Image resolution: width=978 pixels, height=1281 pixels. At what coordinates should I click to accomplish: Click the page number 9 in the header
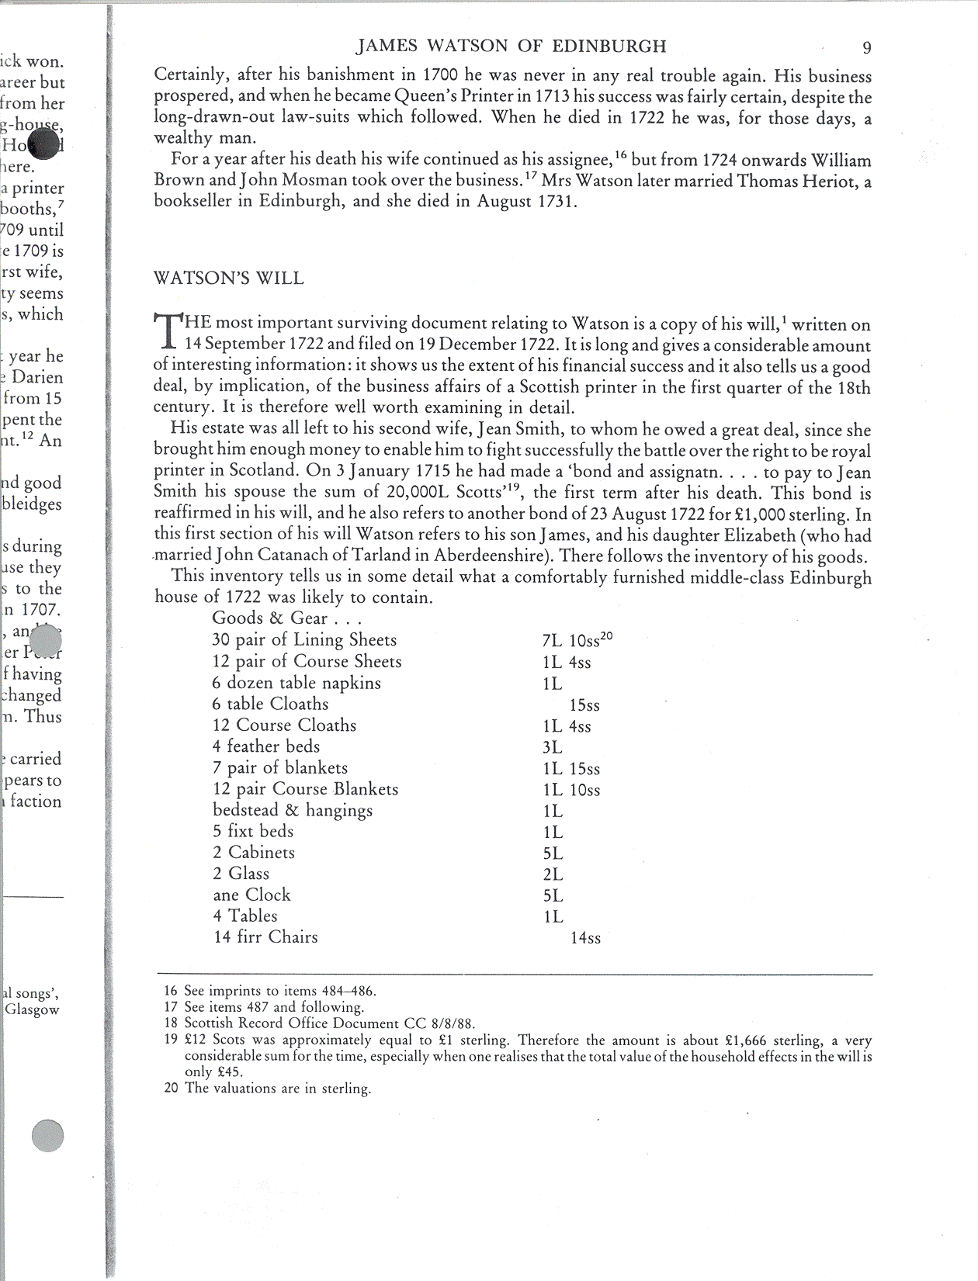coord(867,48)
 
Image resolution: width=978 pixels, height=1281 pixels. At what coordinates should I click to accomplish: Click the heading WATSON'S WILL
coord(229,279)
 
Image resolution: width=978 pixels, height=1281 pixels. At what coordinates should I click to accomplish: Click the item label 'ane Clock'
coord(251,895)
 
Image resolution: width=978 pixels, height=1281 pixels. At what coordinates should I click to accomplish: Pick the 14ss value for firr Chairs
coord(585,938)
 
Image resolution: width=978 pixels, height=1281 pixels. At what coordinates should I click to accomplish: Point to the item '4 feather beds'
coord(265,746)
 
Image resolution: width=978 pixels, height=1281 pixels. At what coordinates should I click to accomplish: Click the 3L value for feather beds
coord(553,748)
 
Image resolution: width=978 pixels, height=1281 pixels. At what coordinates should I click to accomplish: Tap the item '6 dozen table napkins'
coord(297,684)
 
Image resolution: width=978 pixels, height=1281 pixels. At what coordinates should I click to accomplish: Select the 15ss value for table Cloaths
coord(584,706)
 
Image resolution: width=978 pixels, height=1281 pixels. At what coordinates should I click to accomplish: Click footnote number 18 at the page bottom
coord(171,1023)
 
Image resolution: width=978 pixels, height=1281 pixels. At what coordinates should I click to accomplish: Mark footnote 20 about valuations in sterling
coord(268,1089)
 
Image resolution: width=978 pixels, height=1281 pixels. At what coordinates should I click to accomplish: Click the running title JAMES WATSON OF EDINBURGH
coord(511,47)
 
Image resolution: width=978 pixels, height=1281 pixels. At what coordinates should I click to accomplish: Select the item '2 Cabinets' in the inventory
coord(254,853)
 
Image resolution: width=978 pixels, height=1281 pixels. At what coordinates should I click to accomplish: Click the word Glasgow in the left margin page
coord(32,1010)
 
